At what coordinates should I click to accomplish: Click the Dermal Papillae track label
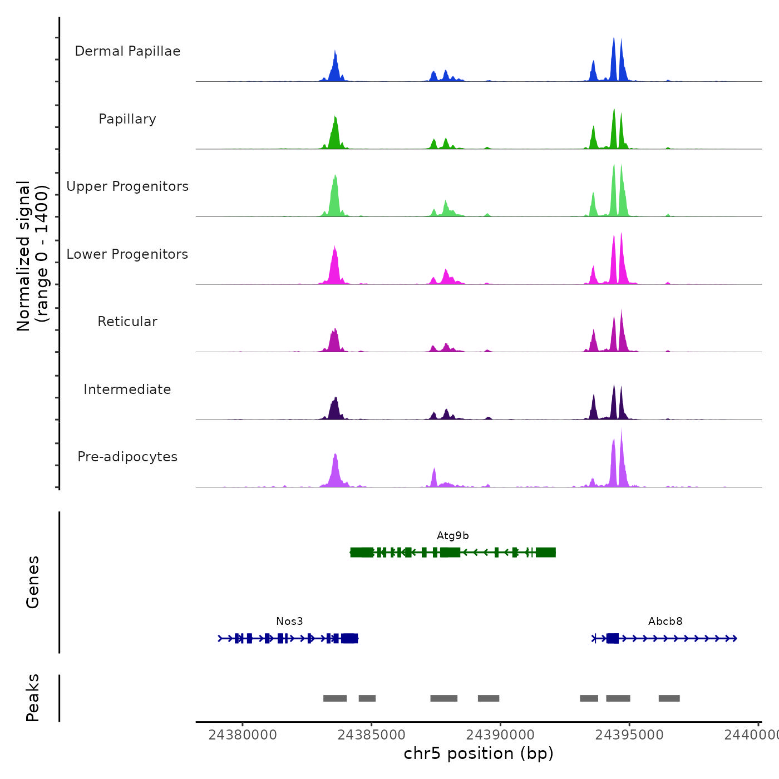(127, 51)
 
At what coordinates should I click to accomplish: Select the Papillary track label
(127, 119)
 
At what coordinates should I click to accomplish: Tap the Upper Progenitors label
(127, 186)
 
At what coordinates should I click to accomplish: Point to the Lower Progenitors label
(127, 254)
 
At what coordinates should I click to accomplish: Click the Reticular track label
(127, 322)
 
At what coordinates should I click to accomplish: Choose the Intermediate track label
(127, 389)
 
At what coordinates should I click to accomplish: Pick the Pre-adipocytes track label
(127, 457)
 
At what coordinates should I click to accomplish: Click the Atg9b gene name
(452, 536)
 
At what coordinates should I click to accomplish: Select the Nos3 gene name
(289, 622)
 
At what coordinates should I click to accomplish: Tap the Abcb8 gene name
(665, 622)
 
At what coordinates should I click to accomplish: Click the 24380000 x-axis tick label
(243, 735)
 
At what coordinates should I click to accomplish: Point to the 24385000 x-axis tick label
(372, 735)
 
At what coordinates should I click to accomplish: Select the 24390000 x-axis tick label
(500, 735)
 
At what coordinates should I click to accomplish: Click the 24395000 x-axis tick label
(629, 735)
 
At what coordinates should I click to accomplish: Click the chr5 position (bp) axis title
(479, 753)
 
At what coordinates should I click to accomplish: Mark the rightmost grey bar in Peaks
(669, 698)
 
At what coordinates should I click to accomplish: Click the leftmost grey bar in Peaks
(335, 698)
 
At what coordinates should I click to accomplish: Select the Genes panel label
(33, 582)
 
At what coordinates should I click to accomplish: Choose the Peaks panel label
(33, 698)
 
